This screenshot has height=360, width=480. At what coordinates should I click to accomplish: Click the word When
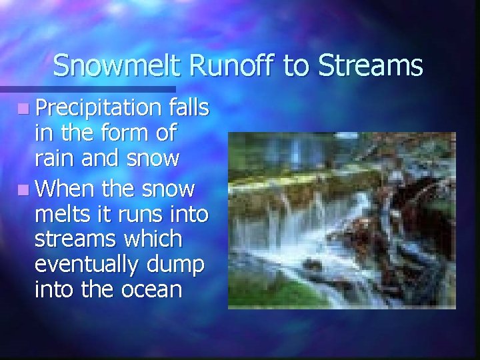67,189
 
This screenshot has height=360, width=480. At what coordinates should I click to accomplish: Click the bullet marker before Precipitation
23,108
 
